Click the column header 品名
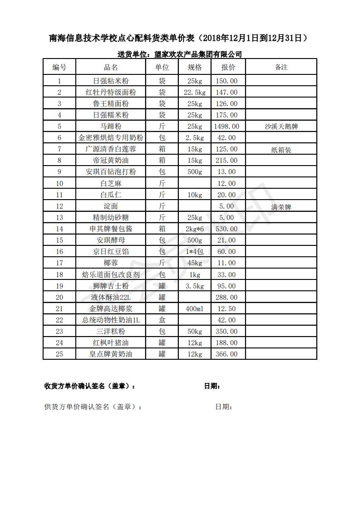111,67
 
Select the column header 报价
228,67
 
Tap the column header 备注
281,67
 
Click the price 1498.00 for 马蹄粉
227,127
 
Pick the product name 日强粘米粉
111,81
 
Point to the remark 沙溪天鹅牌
281,127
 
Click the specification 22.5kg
195,93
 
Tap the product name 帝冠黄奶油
111,161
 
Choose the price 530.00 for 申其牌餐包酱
227,229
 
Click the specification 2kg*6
195,229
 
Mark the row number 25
59,354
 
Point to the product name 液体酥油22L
111,297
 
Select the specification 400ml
195,308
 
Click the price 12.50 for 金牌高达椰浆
227,308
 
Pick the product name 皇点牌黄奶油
111,354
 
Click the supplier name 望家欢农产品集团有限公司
198,54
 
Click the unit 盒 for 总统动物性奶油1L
162,320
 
